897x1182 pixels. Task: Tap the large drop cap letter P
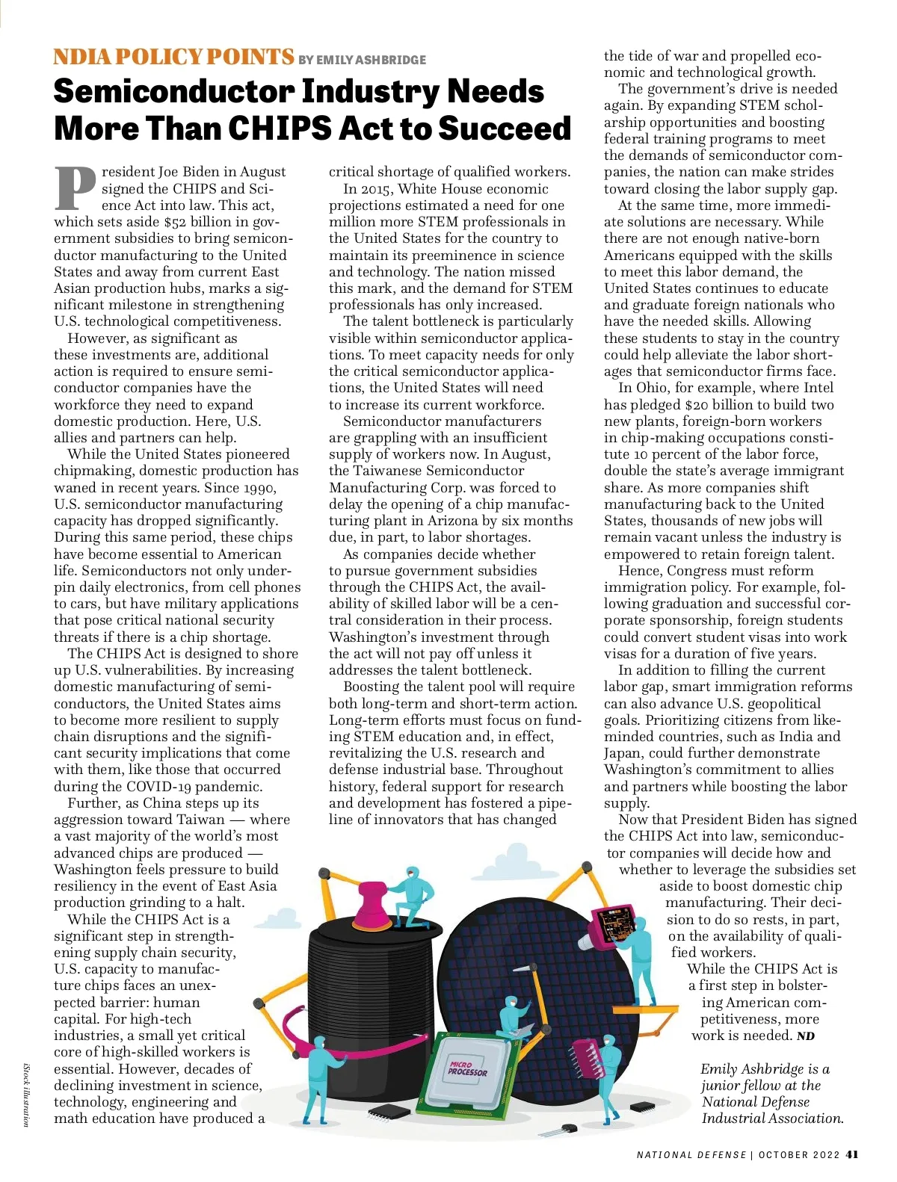76,188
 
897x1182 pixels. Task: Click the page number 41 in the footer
851,1154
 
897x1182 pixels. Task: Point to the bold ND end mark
806,1036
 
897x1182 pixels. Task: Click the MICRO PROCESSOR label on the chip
467,1068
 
